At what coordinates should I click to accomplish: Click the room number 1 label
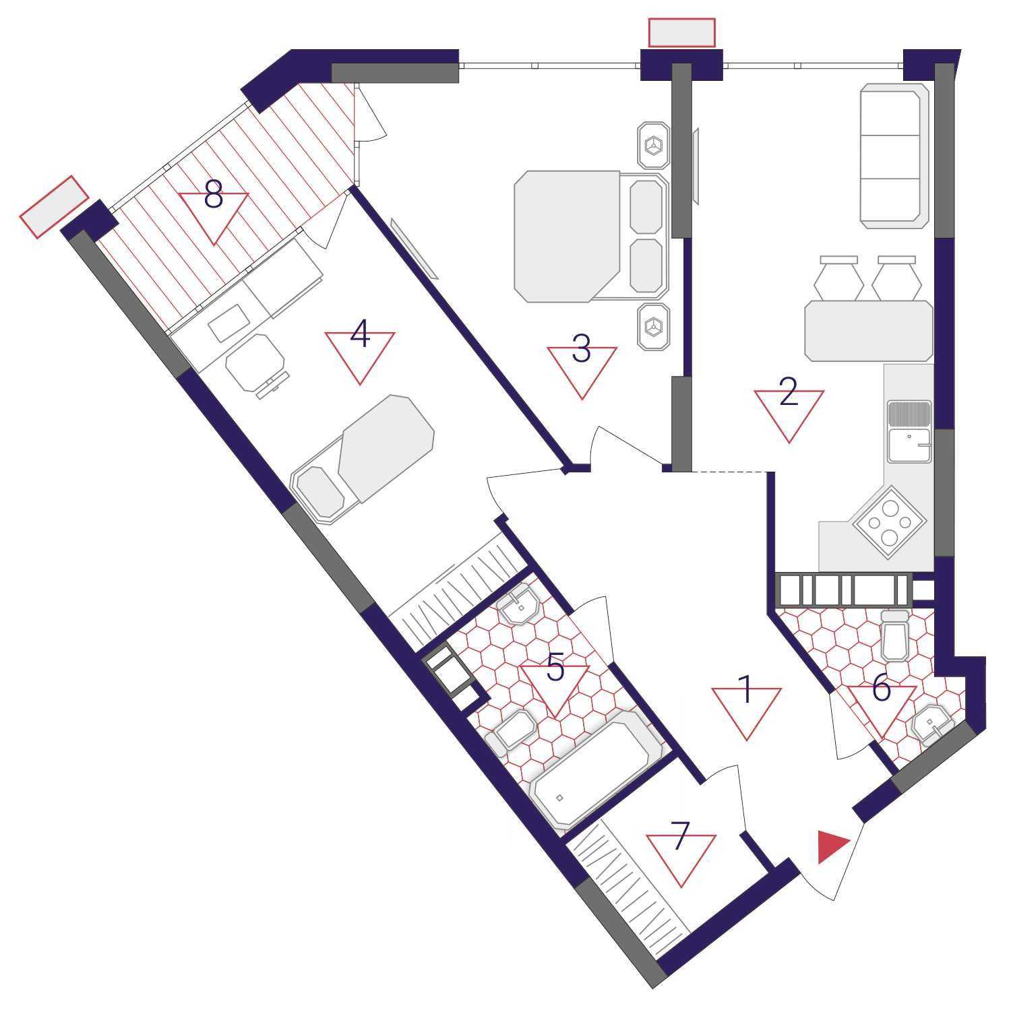click(x=745, y=690)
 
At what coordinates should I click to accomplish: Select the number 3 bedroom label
click(x=581, y=349)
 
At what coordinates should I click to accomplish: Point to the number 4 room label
click(x=360, y=335)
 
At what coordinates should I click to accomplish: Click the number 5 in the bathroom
click(x=555, y=668)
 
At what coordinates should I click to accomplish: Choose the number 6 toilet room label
click(x=882, y=689)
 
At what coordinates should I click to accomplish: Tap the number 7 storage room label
click(x=681, y=836)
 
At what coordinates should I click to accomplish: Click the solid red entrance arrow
click(x=832, y=848)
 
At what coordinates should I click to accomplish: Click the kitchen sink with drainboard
click(x=909, y=432)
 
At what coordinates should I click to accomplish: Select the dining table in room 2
click(x=869, y=331)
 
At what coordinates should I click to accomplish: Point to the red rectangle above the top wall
click(x=681, y=32)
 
